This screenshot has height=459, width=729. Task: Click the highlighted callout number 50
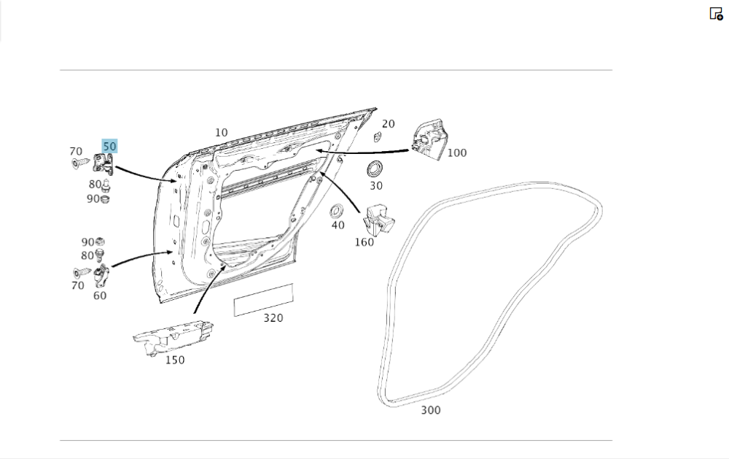click(x=109, y=146)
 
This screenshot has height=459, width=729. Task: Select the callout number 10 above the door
click(x=221, y=133)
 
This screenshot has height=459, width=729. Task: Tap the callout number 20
click(x=389, y=124)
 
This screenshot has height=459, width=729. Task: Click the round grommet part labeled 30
click(x=375, y=168)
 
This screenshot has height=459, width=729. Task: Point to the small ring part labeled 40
click(x=337, y=211)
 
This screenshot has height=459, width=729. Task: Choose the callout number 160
click(x=364, y=242)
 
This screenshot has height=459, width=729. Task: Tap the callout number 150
click(x=174, y=360)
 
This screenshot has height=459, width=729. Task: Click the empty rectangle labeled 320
click(x=263, y=299)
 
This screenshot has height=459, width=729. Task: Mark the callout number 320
click(x=273, y=318)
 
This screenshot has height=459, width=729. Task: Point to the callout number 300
click(x=431, y=410)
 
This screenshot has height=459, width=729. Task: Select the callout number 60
click(x=99, y=296)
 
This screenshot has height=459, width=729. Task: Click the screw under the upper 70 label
click(x=78, y=162)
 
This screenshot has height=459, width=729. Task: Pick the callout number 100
click(x=457, y=153)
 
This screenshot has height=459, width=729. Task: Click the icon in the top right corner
click(x=716, y=14)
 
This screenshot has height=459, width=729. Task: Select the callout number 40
click(x=338, y=225)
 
